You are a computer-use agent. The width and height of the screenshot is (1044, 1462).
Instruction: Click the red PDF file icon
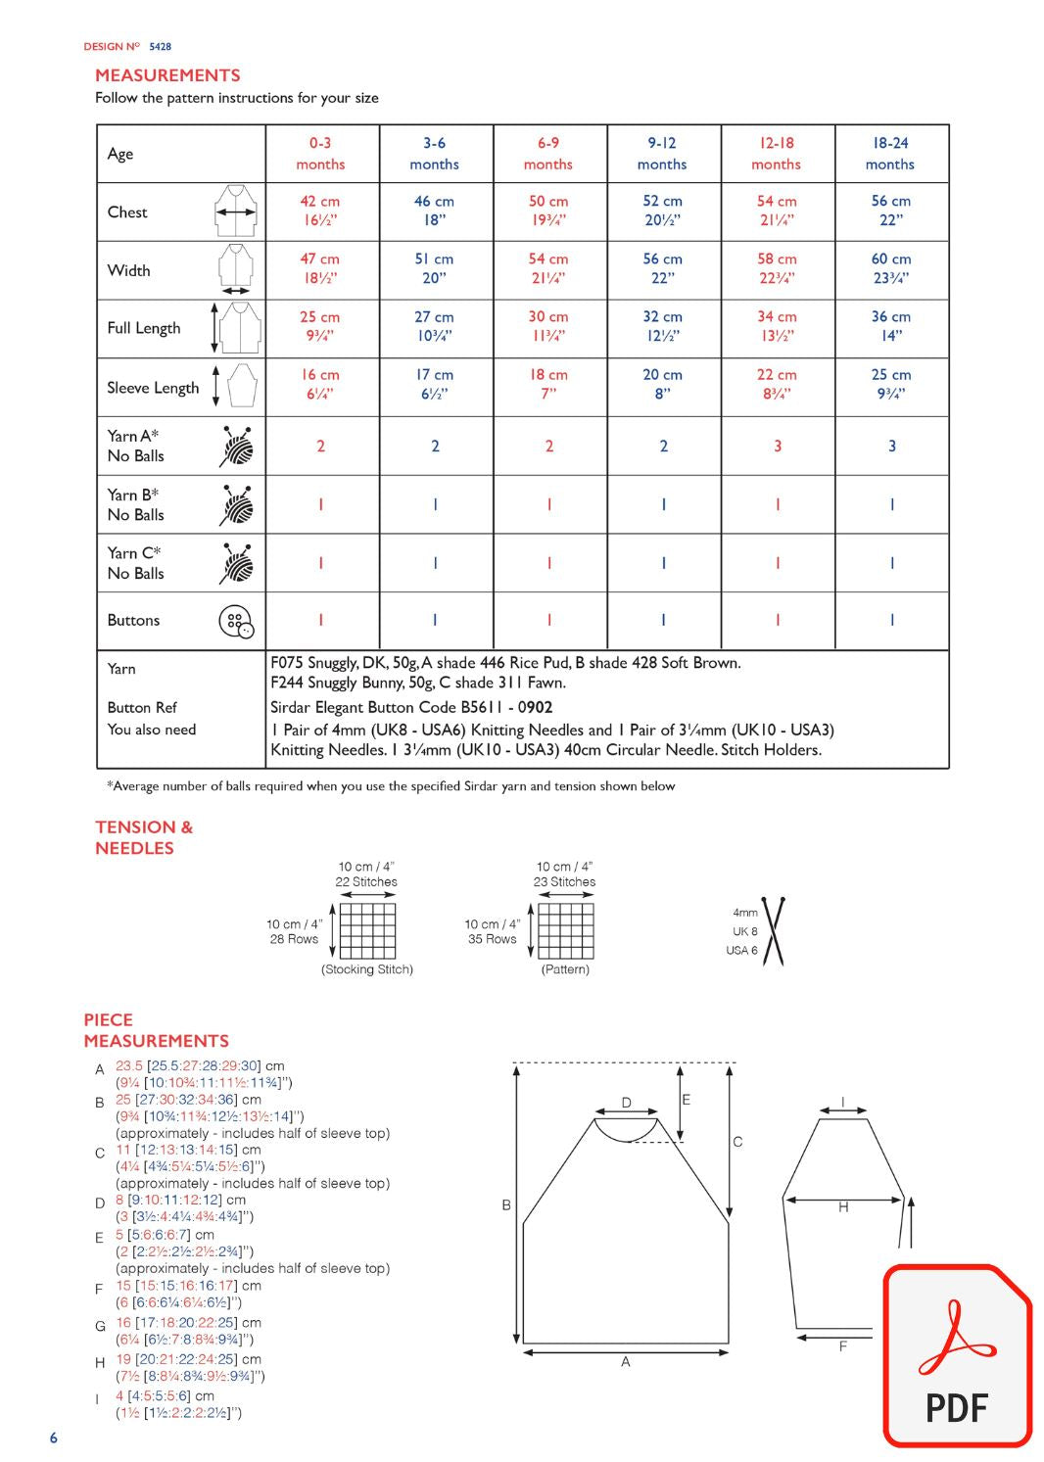tap(957, 1355)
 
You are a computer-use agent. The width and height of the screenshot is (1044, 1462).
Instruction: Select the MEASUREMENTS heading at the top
tap(167, 75)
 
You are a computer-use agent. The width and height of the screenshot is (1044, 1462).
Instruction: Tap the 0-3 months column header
tap(320, 154)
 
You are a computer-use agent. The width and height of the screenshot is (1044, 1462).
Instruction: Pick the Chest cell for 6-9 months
tap(548, 211)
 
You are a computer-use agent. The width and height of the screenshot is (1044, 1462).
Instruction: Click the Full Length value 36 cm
tap(890, 317)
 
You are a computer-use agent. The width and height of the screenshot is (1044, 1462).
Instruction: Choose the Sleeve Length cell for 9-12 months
tap(663, 384)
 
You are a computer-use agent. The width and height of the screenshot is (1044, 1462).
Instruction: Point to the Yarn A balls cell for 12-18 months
tap(778, 447)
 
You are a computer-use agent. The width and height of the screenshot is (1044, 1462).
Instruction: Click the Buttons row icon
tap(236, 621)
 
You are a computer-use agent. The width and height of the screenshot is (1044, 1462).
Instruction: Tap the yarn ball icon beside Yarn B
tap(237, 505)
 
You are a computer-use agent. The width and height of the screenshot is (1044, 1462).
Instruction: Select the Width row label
tap(129, 271)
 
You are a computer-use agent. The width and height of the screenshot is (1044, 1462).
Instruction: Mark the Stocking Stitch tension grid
tap(367, 930)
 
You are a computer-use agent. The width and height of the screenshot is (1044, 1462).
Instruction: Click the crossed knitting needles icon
tap(774, 931)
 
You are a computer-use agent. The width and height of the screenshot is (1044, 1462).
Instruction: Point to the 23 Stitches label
tap(564, 881)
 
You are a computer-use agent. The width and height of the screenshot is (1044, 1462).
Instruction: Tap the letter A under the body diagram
tap(626, 1362)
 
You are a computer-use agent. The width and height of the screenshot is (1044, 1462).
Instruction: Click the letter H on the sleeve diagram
tap(843, 1208)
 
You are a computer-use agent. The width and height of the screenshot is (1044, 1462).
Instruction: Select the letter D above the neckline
tap(627, 1104)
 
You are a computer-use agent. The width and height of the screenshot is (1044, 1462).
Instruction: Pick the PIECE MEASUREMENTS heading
tap(156, 1030)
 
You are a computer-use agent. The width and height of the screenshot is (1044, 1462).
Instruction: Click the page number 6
tap(54, 1438)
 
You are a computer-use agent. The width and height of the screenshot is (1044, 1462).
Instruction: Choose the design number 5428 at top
tap(160, 46)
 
